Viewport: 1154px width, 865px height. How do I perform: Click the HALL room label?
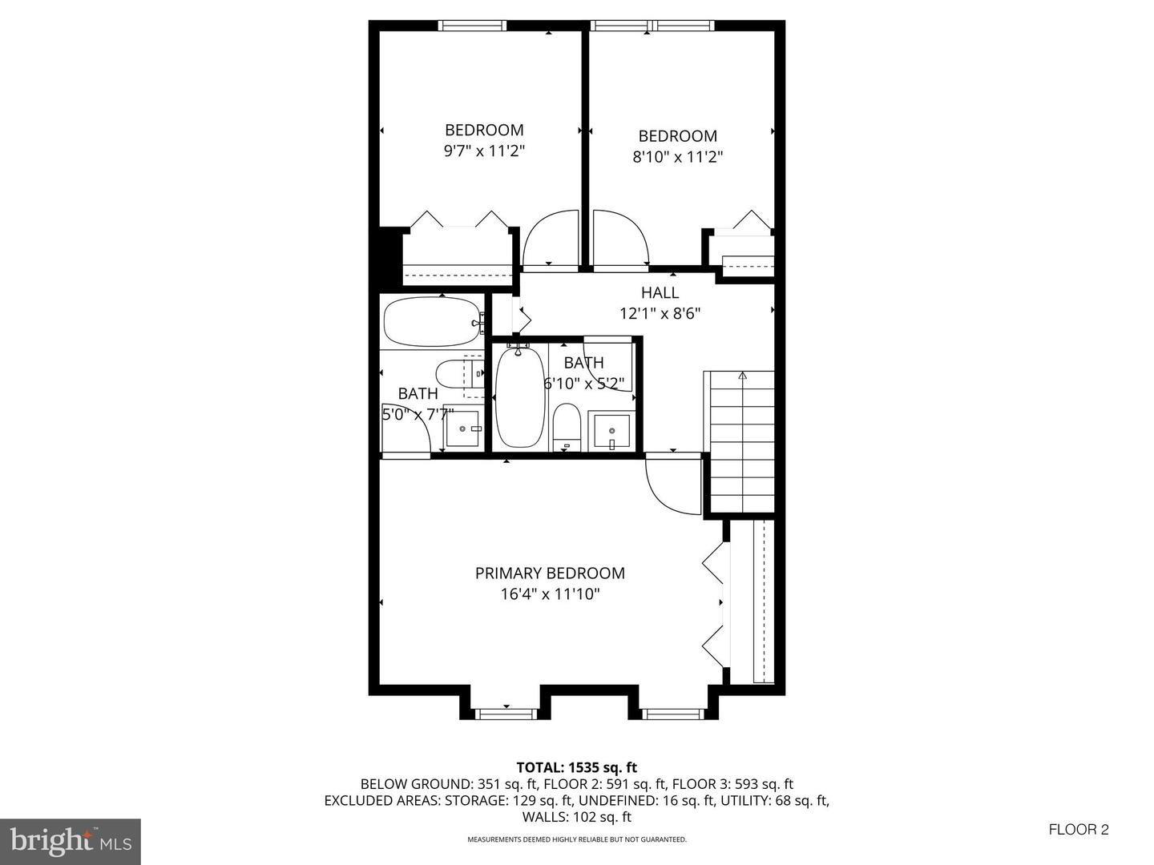pos(660,292)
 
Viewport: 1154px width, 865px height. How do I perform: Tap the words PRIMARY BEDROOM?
pos(550,573)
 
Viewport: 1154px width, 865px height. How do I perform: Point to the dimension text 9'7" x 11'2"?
pos(484,151)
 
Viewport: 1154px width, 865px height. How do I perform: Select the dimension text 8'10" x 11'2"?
pos(678,157)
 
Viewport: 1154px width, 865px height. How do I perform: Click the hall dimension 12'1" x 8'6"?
pos(660,313)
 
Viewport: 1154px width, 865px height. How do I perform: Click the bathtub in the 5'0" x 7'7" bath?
pos(433,321)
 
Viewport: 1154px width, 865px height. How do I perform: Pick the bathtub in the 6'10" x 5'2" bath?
pos(520,397)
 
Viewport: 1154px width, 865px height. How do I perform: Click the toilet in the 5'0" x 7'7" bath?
pos(460,373)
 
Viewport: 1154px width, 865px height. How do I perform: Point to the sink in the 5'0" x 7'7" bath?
pos(462,429)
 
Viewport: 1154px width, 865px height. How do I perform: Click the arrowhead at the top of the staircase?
pos(742,376)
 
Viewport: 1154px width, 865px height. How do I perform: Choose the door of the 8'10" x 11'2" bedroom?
pos(621,238)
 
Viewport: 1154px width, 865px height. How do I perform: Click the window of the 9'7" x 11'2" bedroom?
pos(472,25)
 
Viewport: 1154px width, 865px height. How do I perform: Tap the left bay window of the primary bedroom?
pos(506,714)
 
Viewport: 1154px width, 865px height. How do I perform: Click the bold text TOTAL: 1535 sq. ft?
pos(577,768)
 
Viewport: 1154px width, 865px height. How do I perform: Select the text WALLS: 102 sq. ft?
pos(577,817)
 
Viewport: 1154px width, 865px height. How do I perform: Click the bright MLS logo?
pos(71,841)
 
